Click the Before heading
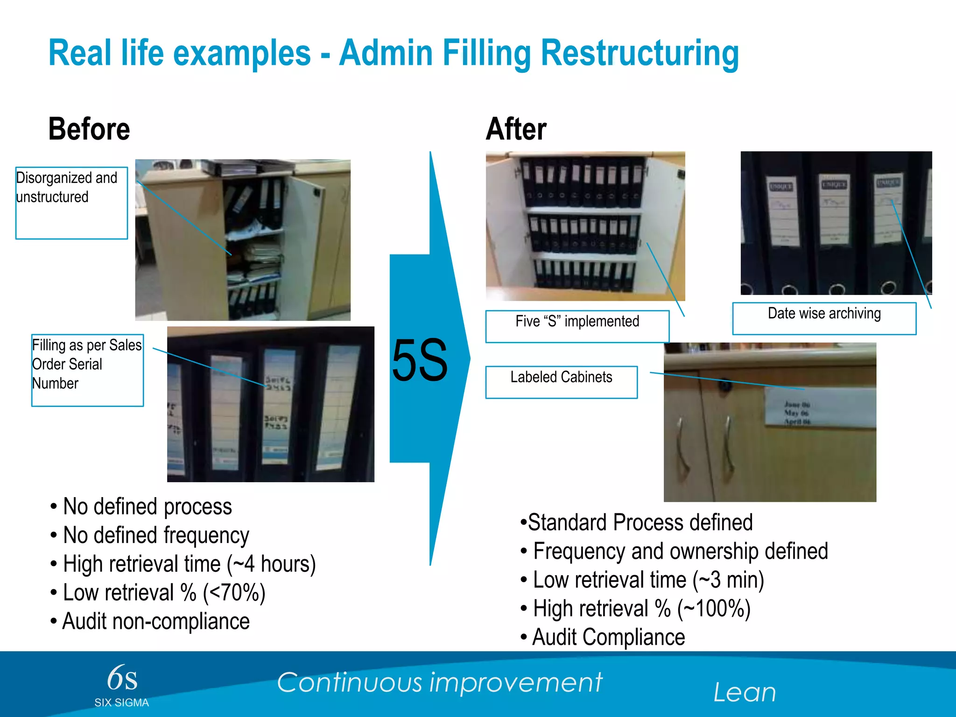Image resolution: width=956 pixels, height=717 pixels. click(x=89, y=129)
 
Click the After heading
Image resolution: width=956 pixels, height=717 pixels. click(x=516, y=129)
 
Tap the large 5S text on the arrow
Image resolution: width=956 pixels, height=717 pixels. click(x=420, y=360)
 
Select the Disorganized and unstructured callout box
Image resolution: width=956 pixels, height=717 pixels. click(x=71, y=203)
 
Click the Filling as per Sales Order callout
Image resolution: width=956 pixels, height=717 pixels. click(x=87, y=370)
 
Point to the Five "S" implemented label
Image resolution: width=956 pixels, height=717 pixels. click(x=577, y=326)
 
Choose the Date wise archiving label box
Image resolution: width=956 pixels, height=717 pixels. click(x=824, y=318)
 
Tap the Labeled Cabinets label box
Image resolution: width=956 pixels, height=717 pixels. click(x=561, y=381)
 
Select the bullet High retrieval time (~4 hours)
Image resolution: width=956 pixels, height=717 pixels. click(x=189, y=564)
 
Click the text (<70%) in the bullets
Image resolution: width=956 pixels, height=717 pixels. click(x=234, y=593)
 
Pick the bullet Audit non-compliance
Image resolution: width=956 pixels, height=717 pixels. click(x=156, y=621)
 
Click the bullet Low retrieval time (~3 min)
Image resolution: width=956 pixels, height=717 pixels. click(x=648, y=580)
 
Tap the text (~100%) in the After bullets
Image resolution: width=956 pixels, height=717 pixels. click(x=714, y=609)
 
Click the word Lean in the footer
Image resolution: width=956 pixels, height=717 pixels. click(x=745, y=692)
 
